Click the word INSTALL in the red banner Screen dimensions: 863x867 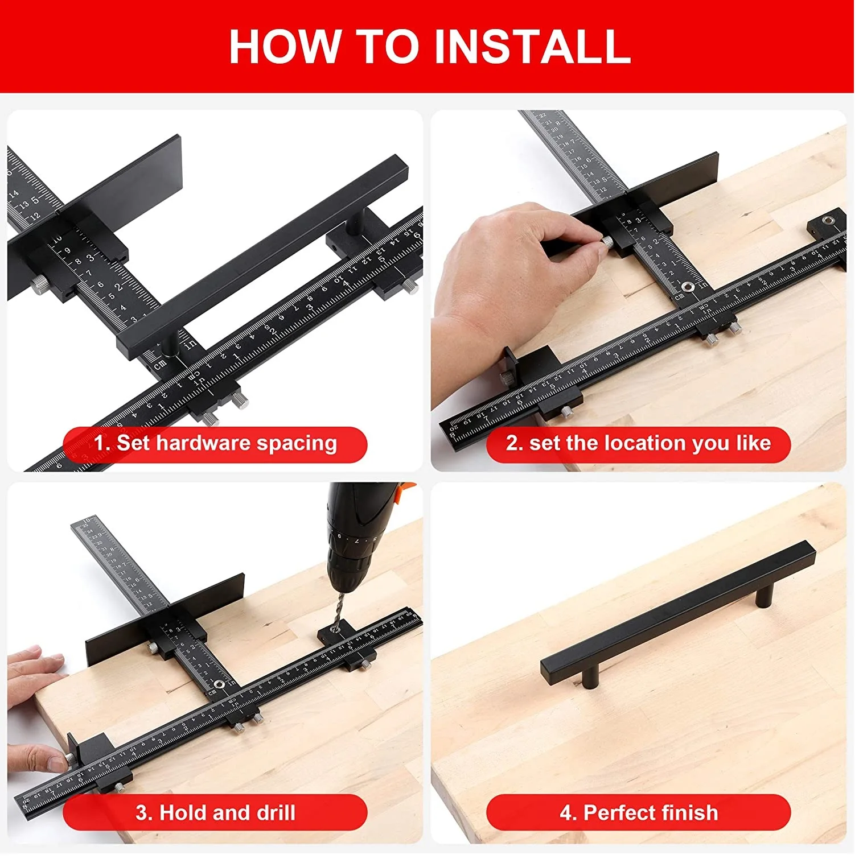click(x=532, y=46)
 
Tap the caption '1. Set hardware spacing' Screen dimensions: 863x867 click(x=215, y=443)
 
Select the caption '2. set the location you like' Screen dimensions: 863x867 click(x=638, y=443)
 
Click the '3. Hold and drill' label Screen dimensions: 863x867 click(x=215, y=812)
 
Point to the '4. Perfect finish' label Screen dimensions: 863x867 click(x=638, y=812)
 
